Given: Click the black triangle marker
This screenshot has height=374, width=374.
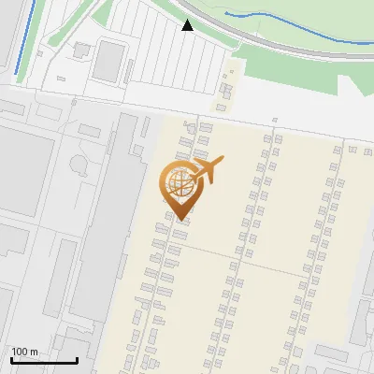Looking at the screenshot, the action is (x=187, y=26).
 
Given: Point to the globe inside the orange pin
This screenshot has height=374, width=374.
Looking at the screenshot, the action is (x=179, y=183).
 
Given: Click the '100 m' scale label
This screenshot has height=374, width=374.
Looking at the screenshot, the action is (x=24, y=351).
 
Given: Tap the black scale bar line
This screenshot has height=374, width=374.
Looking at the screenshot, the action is (x=43, y=360).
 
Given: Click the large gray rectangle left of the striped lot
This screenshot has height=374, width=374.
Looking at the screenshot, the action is (x=108, y=60).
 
